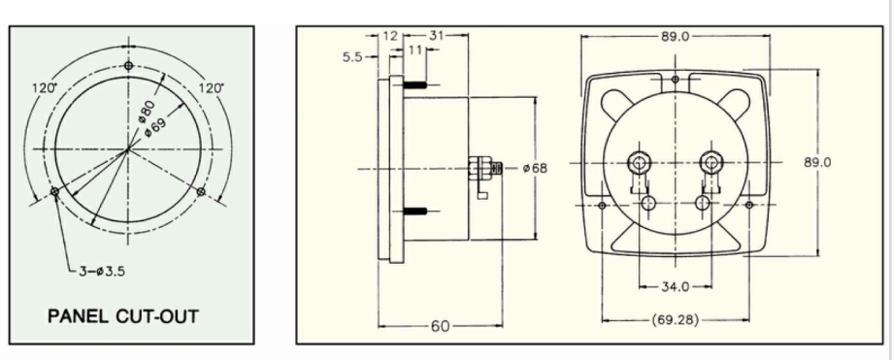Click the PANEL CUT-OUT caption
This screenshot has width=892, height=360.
123,316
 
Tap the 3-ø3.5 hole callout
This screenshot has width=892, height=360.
102,271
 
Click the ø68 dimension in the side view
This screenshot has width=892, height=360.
535,168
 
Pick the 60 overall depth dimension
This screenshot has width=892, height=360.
440,326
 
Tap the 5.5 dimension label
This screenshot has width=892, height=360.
352,57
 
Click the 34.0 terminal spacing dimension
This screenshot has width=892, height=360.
676,286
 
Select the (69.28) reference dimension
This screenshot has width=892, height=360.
676,320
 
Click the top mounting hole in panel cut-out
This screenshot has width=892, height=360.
128,66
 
